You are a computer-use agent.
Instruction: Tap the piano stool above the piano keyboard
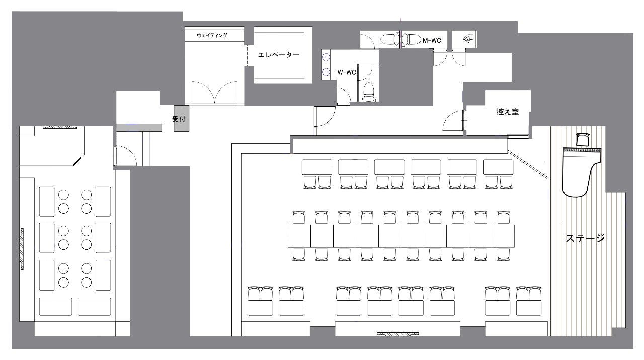click(x=583, y=140)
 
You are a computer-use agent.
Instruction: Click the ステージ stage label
click(x=585, y=238)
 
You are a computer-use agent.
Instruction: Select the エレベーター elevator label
click(x=279, y=55)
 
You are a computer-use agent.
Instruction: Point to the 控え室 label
click(x=508, y=112)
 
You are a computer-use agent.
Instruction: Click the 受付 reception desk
click(x=181, y=118)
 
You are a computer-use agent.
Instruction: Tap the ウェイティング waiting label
click(x=212, y=35)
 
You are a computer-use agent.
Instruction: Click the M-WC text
click(x=432, y=41)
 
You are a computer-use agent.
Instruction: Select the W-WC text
click(x=347, y=72)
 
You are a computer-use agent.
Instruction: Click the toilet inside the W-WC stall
click(x=368, y=92)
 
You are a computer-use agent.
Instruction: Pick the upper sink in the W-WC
click(x=326, y=57)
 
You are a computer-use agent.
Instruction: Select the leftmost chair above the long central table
click(x=299, y=217)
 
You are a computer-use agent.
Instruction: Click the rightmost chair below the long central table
click(x=504, y=254)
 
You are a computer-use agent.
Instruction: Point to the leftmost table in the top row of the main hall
click(x=317, y=167)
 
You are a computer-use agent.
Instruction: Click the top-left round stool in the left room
click(x=63, y=195)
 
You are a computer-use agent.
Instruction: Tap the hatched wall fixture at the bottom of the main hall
click(x=397, y=334)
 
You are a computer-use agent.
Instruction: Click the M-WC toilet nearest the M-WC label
click(x=411, y=39)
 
